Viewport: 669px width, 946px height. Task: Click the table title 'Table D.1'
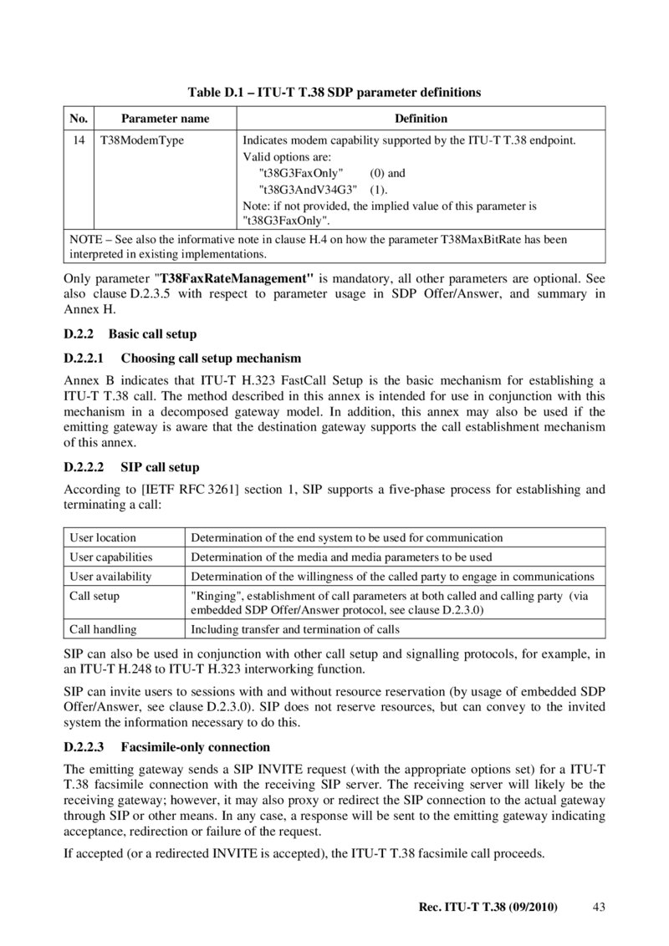[334, 92]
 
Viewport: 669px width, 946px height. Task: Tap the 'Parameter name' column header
[165, 119]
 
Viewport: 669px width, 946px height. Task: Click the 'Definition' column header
[421, 119]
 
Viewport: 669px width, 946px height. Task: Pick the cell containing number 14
[79, 140]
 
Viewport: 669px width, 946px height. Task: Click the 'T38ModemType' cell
[142, 140]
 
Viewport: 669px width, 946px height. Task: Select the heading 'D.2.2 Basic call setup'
[130, 334]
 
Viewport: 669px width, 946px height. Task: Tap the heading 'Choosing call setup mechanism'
[211, 359]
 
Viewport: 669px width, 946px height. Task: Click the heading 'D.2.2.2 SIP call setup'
[131, 467]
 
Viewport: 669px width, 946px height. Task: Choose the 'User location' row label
[103, 537]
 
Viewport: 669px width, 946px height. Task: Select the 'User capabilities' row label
[111, 557]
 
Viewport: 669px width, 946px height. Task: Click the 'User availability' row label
[110, 577]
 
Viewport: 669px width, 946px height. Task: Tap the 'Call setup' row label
[94, 596]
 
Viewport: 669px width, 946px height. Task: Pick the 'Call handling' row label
[103, 629]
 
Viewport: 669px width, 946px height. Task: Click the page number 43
[598, 907]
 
